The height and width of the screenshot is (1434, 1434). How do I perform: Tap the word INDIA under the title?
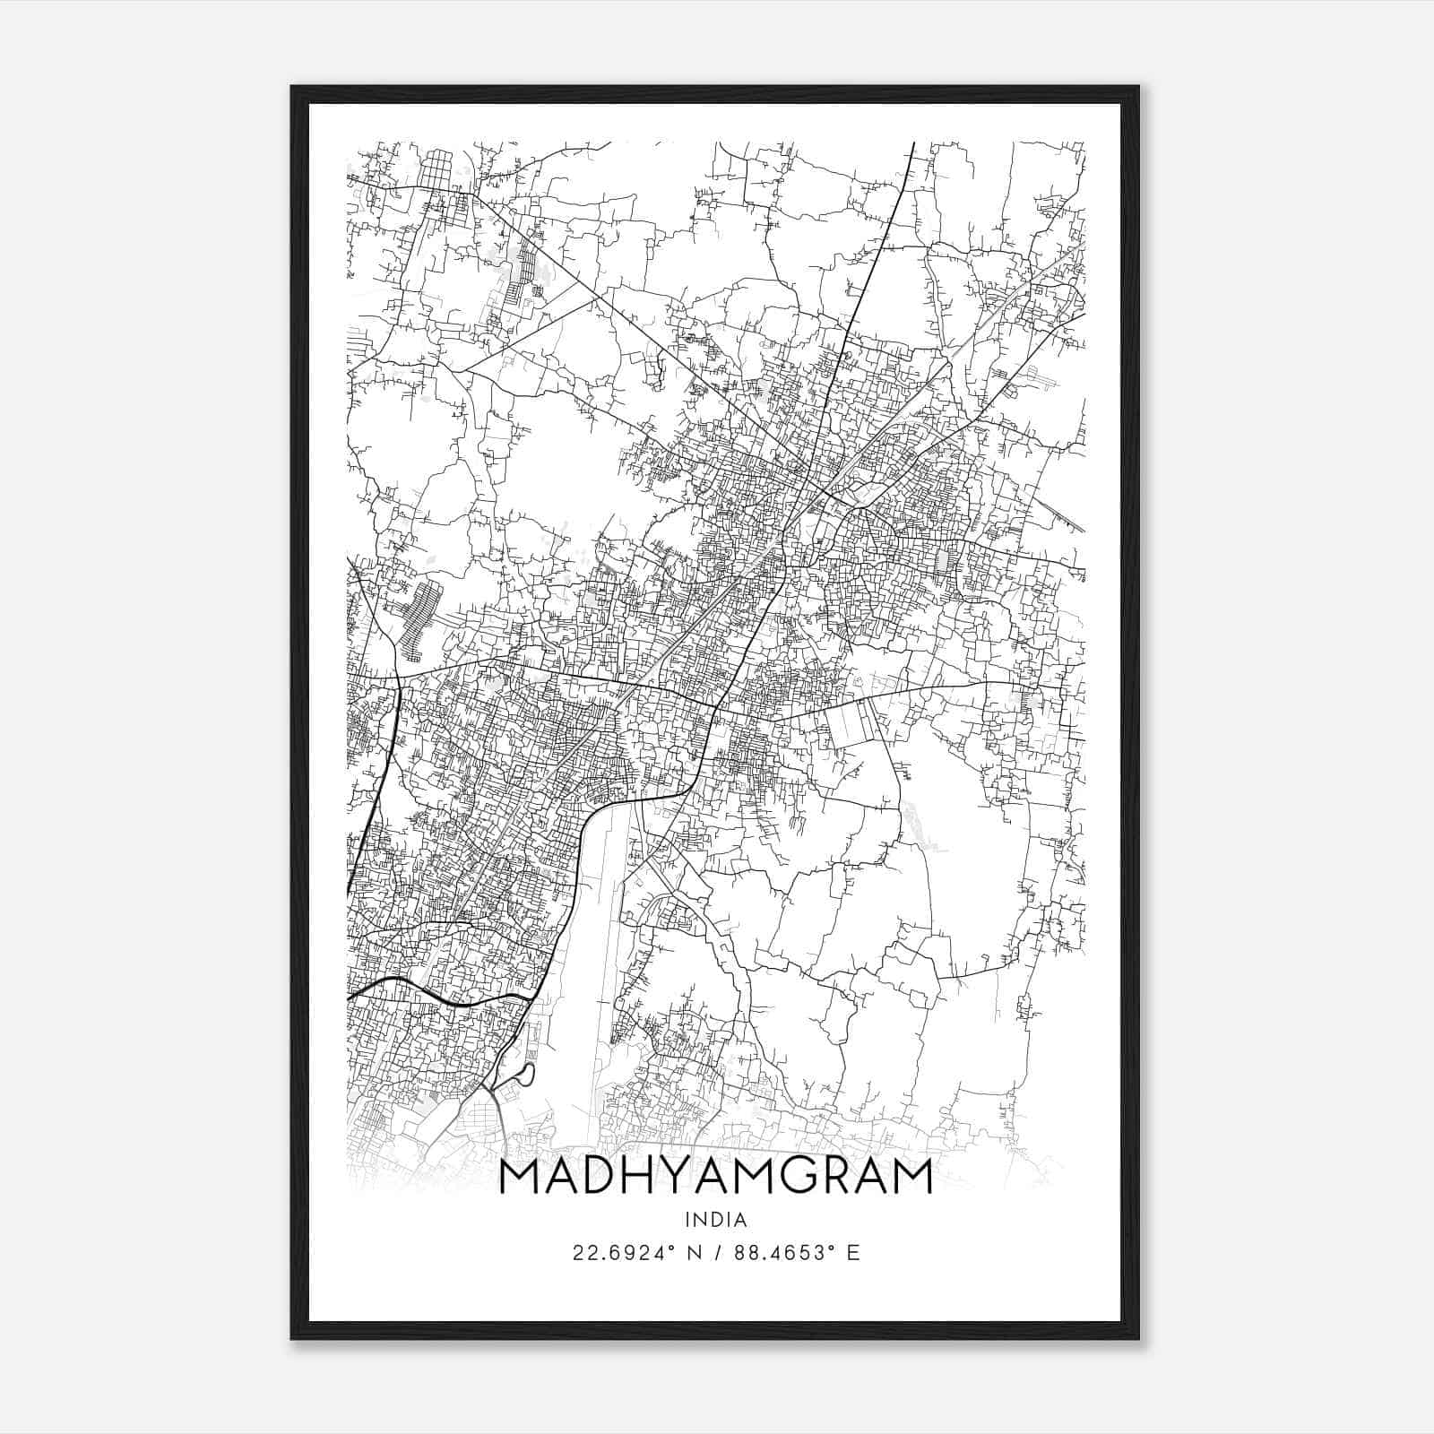(x=716, y=1220)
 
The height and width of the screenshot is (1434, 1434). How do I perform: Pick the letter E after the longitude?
(x=853, y=1253)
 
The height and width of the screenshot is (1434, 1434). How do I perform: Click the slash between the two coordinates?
(x=715, y=1253)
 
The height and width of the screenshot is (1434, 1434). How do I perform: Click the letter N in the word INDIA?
(x=703, y=1220)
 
